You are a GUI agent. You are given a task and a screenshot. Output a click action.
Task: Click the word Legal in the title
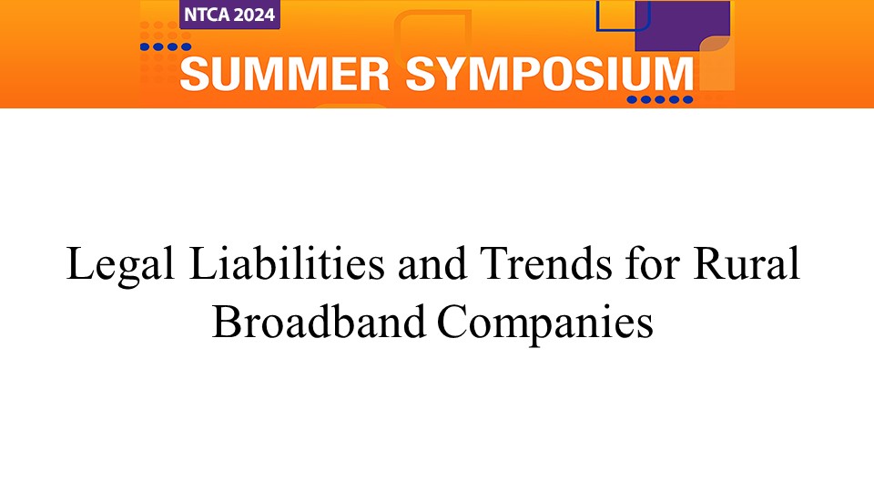tap(120, 265)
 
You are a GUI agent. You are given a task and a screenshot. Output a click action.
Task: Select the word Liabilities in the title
tap(287, 262)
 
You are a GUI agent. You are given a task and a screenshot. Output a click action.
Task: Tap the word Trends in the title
tap(545, 262)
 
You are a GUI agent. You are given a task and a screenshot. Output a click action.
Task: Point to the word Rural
tap(747, 262)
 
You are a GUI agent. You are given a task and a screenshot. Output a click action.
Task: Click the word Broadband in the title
tap(320, 321)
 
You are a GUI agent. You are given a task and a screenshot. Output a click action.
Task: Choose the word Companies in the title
tap(545, 324)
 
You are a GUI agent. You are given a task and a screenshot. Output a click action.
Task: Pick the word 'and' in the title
tap(432, 262)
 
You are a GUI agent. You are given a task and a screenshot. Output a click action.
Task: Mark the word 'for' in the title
tap(653, 262)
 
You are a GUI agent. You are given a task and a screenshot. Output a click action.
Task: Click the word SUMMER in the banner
tap(285, 74)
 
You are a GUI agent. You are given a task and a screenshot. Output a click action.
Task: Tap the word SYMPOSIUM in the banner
tap(550, 74)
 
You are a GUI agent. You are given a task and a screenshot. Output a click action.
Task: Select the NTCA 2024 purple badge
tap(229, 14)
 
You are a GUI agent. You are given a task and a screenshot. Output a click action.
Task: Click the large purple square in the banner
tap(682, 25)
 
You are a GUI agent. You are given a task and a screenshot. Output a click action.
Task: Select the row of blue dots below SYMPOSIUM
tap(660, 100)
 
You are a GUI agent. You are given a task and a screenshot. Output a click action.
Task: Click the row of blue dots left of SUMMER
tap(166, 46)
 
